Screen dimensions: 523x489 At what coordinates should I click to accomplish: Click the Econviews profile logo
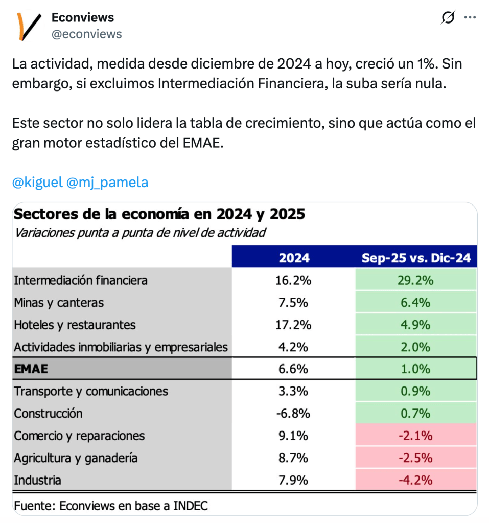pos(29,26)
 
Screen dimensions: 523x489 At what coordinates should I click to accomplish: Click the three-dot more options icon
pos(470,18)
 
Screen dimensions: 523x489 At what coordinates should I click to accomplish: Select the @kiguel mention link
pos(37,183)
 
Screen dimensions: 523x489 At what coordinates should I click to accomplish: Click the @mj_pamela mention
pos(107,183)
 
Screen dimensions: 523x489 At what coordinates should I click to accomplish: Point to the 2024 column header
pos(294,258)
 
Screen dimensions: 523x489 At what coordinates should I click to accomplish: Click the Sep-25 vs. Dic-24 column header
pos(416,258)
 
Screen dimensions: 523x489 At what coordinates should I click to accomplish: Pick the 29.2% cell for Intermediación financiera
pos(416,280)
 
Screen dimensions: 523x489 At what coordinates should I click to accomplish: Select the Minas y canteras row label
pos(59,303)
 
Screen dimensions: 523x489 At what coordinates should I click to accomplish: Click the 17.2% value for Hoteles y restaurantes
pos(294,325)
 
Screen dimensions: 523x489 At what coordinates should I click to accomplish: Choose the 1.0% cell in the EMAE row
pos(416,369)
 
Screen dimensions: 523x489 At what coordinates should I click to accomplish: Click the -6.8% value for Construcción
pos(294,413)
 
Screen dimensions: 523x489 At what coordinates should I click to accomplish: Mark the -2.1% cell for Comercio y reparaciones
pos(416,436)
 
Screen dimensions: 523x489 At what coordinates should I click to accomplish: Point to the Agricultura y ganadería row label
pos(76,458)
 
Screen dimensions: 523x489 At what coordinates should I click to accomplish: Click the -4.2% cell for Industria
pos(416,480)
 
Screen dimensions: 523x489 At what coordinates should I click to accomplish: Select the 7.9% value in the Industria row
pos(294,480)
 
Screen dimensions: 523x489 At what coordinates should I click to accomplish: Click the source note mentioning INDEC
pos(111,506)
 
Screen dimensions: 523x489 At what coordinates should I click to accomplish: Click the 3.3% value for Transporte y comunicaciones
pos(294,391)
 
